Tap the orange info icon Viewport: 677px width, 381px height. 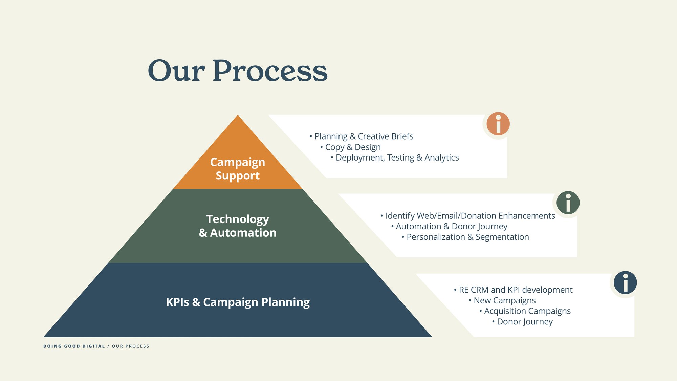(x=498, y=124)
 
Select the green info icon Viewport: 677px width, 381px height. (x=568, y=203)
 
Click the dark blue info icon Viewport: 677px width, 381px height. (x=625, y=282)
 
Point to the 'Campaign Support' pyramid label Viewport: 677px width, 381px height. (x=238, y=169)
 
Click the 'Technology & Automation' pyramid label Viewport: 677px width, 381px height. (x=238, y=226)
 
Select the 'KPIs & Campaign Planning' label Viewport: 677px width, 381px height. (x=238, y=302)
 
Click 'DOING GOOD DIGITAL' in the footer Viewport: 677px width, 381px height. (x=74, y=346)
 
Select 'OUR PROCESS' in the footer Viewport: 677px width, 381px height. (x=131, y=346)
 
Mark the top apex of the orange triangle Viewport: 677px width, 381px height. (x=238, y=115)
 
